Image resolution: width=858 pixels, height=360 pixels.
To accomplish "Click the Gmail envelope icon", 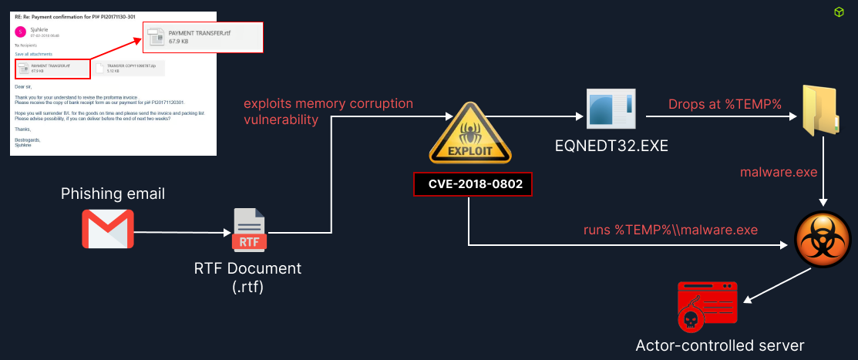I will click(x=108, y=229).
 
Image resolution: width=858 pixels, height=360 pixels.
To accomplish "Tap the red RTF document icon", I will click(x=248, y=230).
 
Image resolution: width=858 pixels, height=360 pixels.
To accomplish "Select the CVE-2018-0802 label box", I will click(x=471, y=185).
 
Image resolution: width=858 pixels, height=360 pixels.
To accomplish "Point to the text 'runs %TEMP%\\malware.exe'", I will click(x=670, y=229).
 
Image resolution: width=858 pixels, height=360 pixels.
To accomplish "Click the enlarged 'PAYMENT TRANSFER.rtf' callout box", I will click(x=204, y=36).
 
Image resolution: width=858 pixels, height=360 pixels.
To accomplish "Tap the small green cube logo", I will click(x=838, y=12).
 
